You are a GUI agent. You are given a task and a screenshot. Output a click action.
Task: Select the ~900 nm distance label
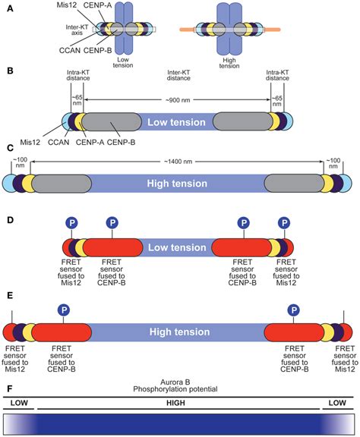pos(179,101)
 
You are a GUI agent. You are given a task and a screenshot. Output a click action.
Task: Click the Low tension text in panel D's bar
pos(179,246)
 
